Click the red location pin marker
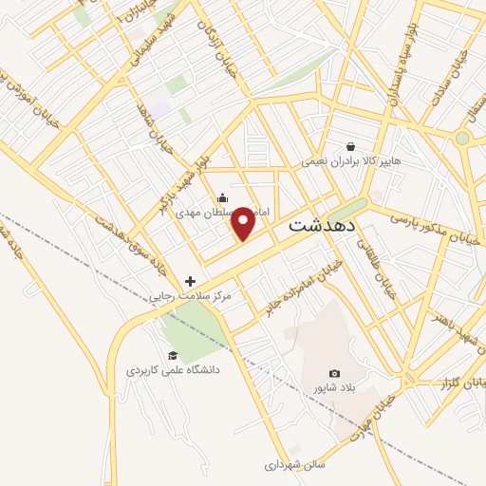click(x=243, y=223)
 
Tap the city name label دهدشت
click(x=321, y=226)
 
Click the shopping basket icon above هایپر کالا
click(x=351, y=146)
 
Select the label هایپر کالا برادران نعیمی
click(x=352, y=161)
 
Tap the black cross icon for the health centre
click(x=191, y=281)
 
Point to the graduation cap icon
click(x=172, y=356)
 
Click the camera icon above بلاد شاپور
click(x=333, y=373)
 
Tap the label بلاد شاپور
click(x=332, y=388)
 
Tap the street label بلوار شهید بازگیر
click(x=180, y=179)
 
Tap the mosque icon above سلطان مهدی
click(x=222, y=196)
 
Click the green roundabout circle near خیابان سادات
click(x=461, y=138)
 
